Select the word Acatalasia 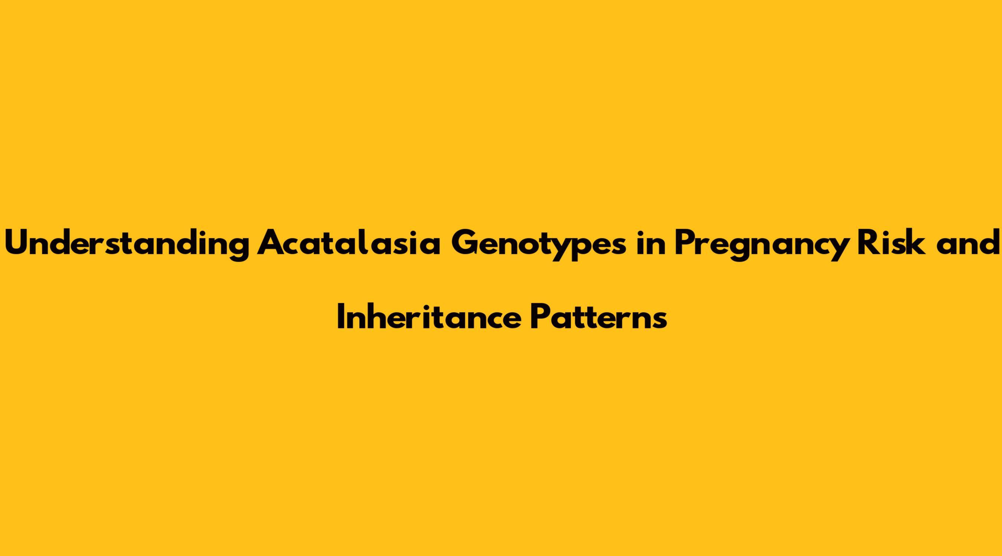[348, 243]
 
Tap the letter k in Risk [915, 243]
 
